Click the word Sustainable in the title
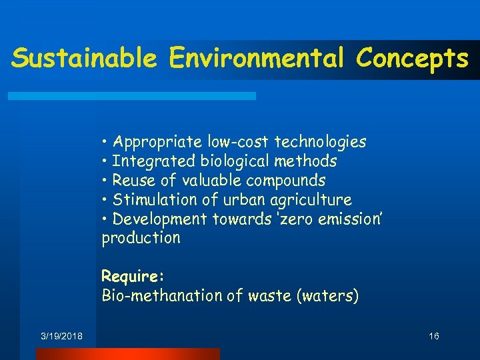pyautogui.click(x=84, y=59)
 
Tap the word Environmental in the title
pyautogui.click(x=256, y=59)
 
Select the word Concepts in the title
pyautogui.click(x=412, y=59)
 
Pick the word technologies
pyautogui.click(x=321, y=142)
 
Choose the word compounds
pyautogui.click(x=285, y=181)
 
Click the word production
pyautogui.click(x=141, y=238)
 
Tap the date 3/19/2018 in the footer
pyautogui.click(x=61, y=337)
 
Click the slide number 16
pyautogui.click(x=433, y=337)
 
